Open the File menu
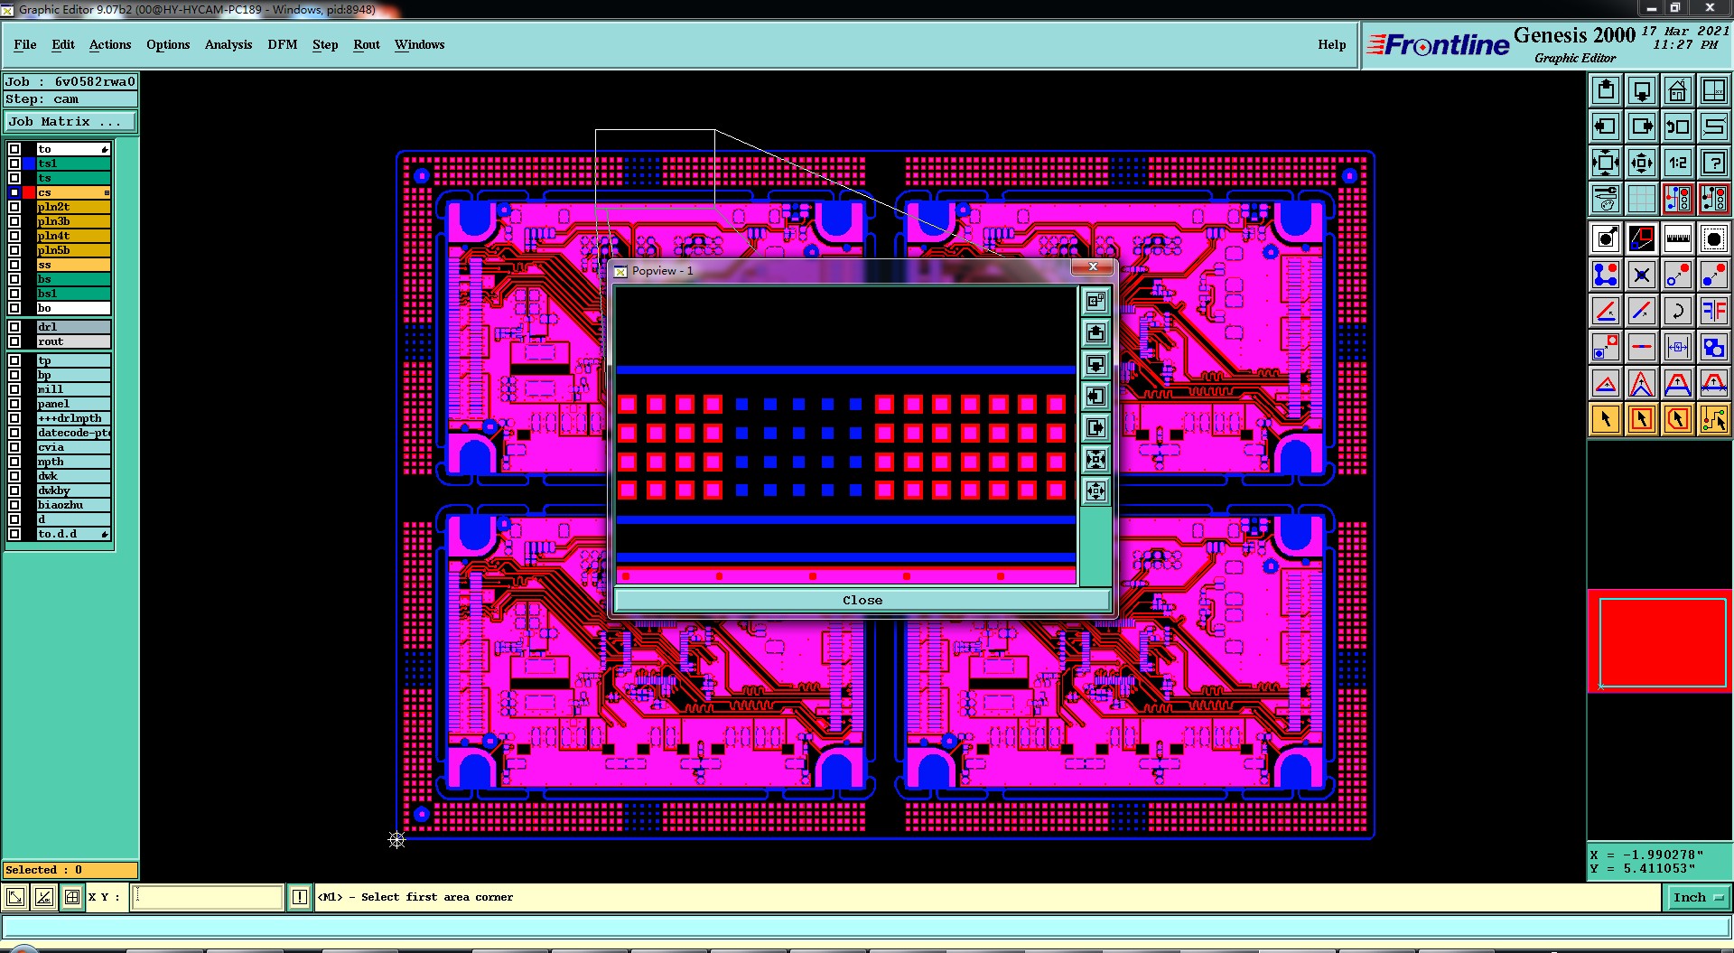(25, 44)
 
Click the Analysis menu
(228, 44)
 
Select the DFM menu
(283, 44)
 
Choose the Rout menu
(367, 44)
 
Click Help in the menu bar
(1331, 44)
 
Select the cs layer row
(73, 192)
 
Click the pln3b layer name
(54, 221)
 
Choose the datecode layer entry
(73, 433)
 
